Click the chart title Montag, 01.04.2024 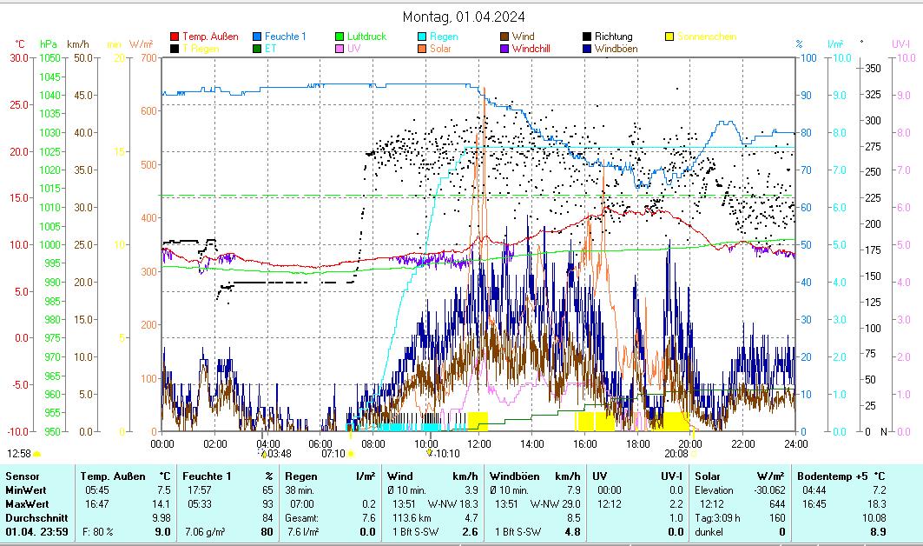(464, 17)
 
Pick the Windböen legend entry (616, 49)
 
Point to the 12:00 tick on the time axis (478, 443)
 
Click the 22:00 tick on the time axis (742, 443)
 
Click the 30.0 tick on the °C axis (19, 57)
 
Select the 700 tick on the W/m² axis (148, 57)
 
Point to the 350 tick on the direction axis (874, 68)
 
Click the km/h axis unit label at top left (77, 43)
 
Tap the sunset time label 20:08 (676, 453)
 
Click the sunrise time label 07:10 (333, 453)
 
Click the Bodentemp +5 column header (829, 476)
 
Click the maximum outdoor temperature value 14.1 (162, 505)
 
